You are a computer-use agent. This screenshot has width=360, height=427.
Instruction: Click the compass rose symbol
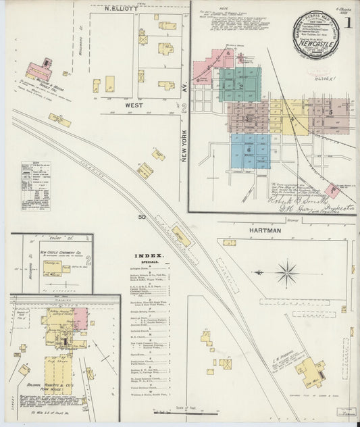[287, 274]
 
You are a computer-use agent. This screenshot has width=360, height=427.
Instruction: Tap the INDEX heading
[148, 256]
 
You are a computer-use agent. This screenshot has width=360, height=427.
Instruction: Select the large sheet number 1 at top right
[348, 23]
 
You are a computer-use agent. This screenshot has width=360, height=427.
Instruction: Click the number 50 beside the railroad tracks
[143, 217]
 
